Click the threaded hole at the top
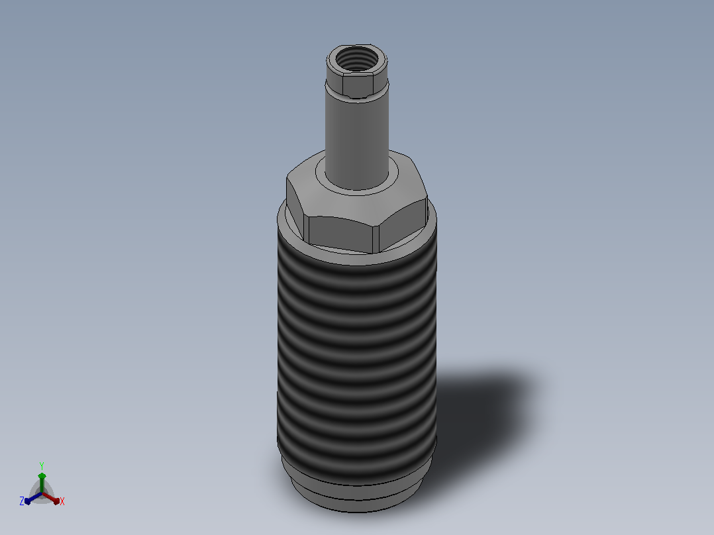[x=357, y=59]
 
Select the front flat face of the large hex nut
[x=340, y=232]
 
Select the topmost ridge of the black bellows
[x=357, y=270]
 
